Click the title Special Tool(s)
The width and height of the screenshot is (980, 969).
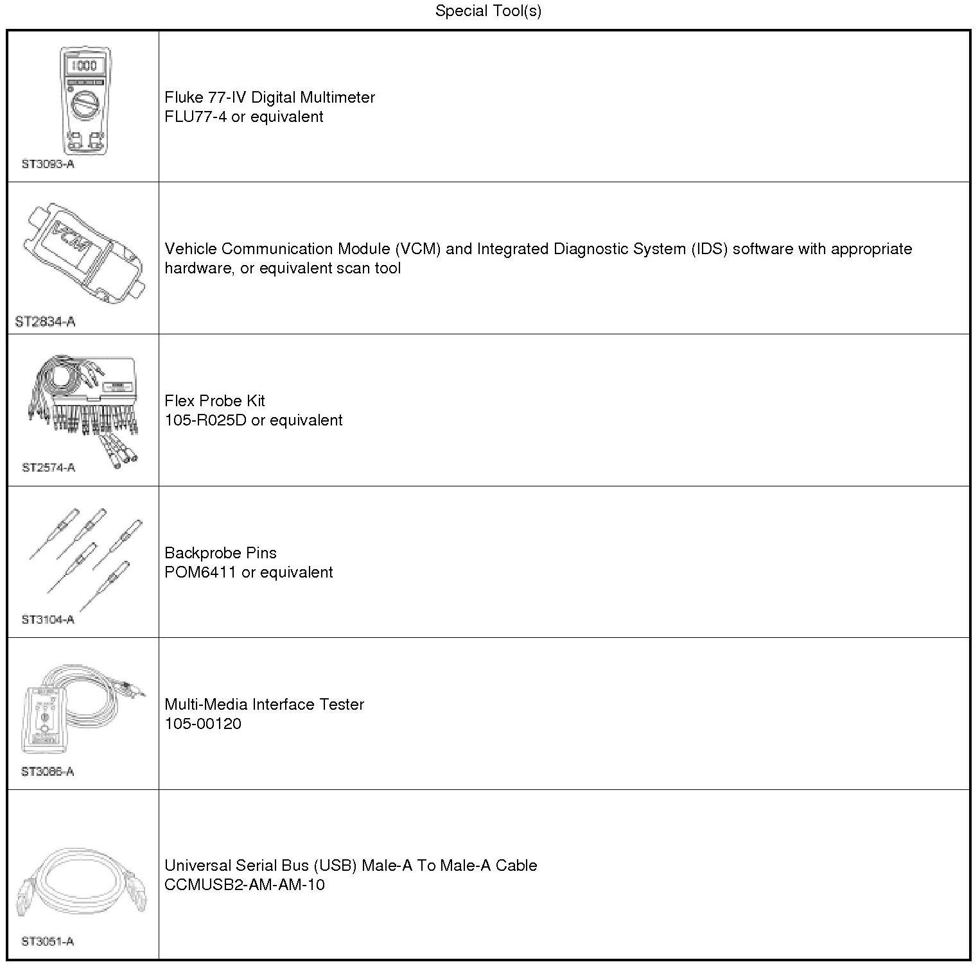click(x=488, y=11)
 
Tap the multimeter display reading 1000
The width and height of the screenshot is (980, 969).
click(x=84, y=65)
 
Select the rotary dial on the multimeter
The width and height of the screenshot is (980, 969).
click(x=85, y=105)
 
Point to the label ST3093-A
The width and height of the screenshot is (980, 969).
click(x=48, y=164)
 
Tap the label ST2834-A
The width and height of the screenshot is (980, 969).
click(x=45, y=322)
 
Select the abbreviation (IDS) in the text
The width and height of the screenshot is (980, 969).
click(x=710, y=249)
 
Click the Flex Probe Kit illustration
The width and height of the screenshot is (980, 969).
click(x=83, y=407)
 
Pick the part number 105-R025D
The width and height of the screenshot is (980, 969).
click(x=206, y=420)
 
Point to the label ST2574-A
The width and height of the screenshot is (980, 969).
click(x=48, y=467)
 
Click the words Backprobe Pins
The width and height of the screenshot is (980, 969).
click(x=220, y=553)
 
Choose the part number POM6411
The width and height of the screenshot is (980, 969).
click(x=200, y=572)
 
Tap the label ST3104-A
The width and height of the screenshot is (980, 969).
click(x=48, y=619)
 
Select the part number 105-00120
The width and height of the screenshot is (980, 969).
click(x=203, y=724)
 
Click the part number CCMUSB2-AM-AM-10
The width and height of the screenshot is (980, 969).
click(x=245, y=885)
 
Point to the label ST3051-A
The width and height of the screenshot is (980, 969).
click(x=48, y=941)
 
